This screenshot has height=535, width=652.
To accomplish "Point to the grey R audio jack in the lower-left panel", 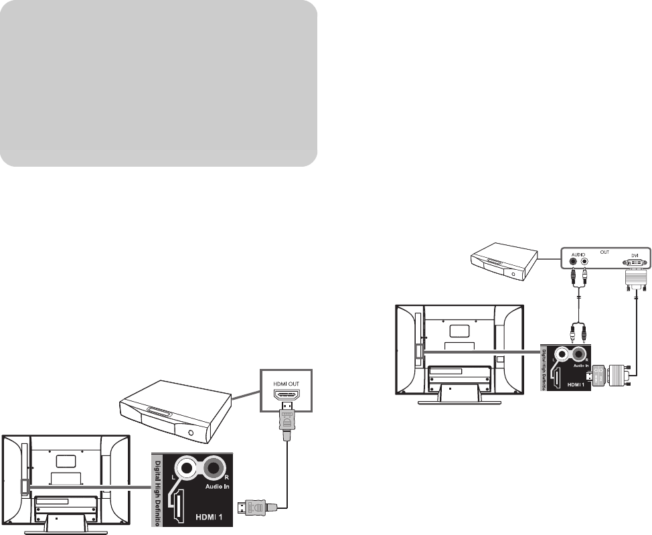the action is (x=216, y=467).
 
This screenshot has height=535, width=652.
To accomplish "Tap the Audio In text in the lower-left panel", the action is (x=218, y=486).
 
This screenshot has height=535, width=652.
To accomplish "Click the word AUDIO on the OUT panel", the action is (x=580, y=254).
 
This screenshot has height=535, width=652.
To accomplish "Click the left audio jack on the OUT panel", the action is (x=574, y=263).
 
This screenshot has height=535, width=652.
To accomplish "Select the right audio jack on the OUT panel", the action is (x=585, y=263).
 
